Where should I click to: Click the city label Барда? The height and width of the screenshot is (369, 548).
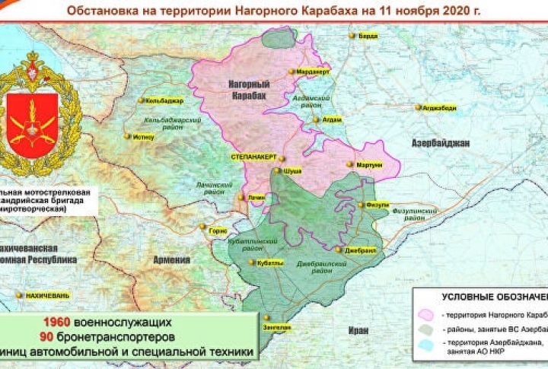[x=368, y=35]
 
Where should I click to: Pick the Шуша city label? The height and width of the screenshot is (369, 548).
[x=292, y=171]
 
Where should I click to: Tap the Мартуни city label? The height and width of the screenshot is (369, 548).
[x=368, y=164]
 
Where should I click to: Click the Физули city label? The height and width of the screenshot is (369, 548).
[x=378, y=205]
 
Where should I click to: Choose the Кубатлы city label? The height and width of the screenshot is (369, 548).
[x=271, y=262]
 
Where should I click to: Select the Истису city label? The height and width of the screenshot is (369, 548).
[x=143, y=136]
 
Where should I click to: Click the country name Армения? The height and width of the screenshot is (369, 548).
[x=172, y=259]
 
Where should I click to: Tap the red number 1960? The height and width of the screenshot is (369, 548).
[x=56, y=322]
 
